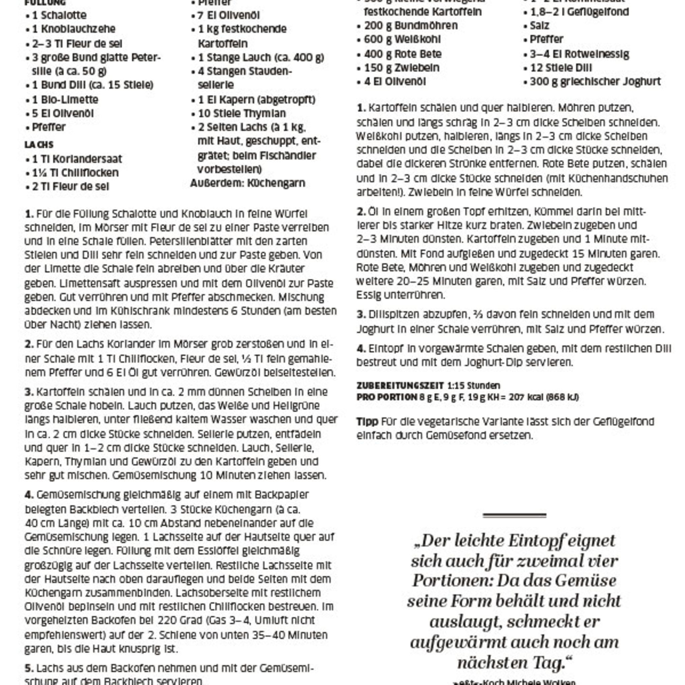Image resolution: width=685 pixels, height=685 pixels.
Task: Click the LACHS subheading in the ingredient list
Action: click(x=39, y=144)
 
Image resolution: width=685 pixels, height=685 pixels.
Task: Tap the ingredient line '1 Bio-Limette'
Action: click(x=65, y=100)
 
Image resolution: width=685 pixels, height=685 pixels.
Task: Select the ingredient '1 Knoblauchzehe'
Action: click(x=74, y=29)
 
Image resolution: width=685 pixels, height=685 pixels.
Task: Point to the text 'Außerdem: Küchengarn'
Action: click(x=248, y=183)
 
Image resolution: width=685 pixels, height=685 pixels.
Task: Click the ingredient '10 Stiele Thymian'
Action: click(x=242, y=113)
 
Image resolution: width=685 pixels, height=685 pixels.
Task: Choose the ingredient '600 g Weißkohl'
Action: click(x=402, y=39)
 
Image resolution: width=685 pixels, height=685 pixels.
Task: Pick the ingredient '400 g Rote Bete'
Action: click(x=403, y=54)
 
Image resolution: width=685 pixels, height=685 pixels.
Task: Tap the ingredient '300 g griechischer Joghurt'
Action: click(x=595, y=82)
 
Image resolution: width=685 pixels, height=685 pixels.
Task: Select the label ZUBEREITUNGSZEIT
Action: click(x=400, y=385)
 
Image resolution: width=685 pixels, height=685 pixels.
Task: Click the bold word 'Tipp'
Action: click(x=367, y=421)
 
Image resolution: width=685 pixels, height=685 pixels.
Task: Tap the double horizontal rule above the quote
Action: click(x=514, y=515)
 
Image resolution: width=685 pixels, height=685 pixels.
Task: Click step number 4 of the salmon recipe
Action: click(x=29, y=495)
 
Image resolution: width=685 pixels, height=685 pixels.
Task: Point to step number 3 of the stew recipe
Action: click(x=361, y=314)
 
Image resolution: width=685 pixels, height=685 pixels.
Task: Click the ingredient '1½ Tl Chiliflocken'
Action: click(x=75, y=173)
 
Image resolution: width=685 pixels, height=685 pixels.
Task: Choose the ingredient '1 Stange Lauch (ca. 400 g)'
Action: click(x=261, y=58)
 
